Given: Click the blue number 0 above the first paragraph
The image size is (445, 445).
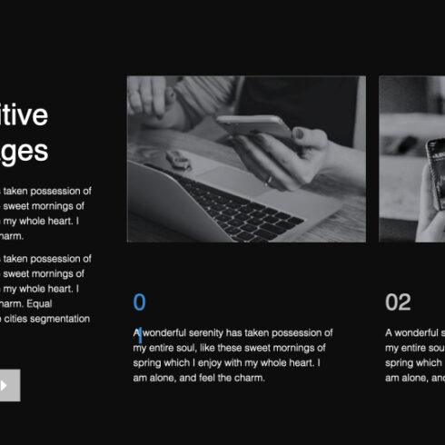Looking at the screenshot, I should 139,302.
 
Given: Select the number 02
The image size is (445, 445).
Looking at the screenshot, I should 398,302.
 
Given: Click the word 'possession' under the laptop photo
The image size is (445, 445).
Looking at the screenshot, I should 305,333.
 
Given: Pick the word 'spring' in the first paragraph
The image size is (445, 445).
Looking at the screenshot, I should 148,362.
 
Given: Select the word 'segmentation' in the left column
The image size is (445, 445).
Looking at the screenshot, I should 59,319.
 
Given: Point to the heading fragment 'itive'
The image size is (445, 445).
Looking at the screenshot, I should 22,115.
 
